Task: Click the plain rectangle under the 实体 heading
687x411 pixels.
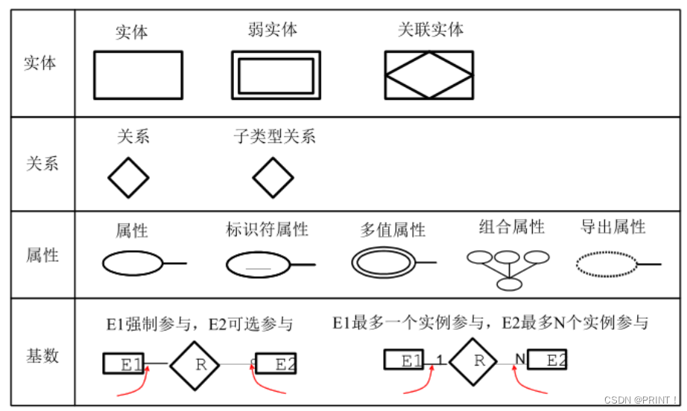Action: [138, 74]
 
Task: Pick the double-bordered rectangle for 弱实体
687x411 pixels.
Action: [276, 75]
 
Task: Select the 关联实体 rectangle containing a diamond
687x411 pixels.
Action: [428, 74]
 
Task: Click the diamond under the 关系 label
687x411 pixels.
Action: [128, 178]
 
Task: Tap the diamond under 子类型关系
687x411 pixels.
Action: [273, 178]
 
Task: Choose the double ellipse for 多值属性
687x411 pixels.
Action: [382, 262]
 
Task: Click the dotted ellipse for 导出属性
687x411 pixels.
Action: [607, 264]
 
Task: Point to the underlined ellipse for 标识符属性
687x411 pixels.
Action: [258, 264]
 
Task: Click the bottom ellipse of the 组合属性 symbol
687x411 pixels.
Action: [510, 284]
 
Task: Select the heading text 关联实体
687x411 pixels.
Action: [431, 29]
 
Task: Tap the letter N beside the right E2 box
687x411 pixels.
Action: [519, 360]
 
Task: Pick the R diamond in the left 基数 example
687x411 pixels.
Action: [194, 365]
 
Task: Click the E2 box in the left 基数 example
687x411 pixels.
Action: [276, 364]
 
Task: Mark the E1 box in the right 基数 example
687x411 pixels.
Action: [405, 360]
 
